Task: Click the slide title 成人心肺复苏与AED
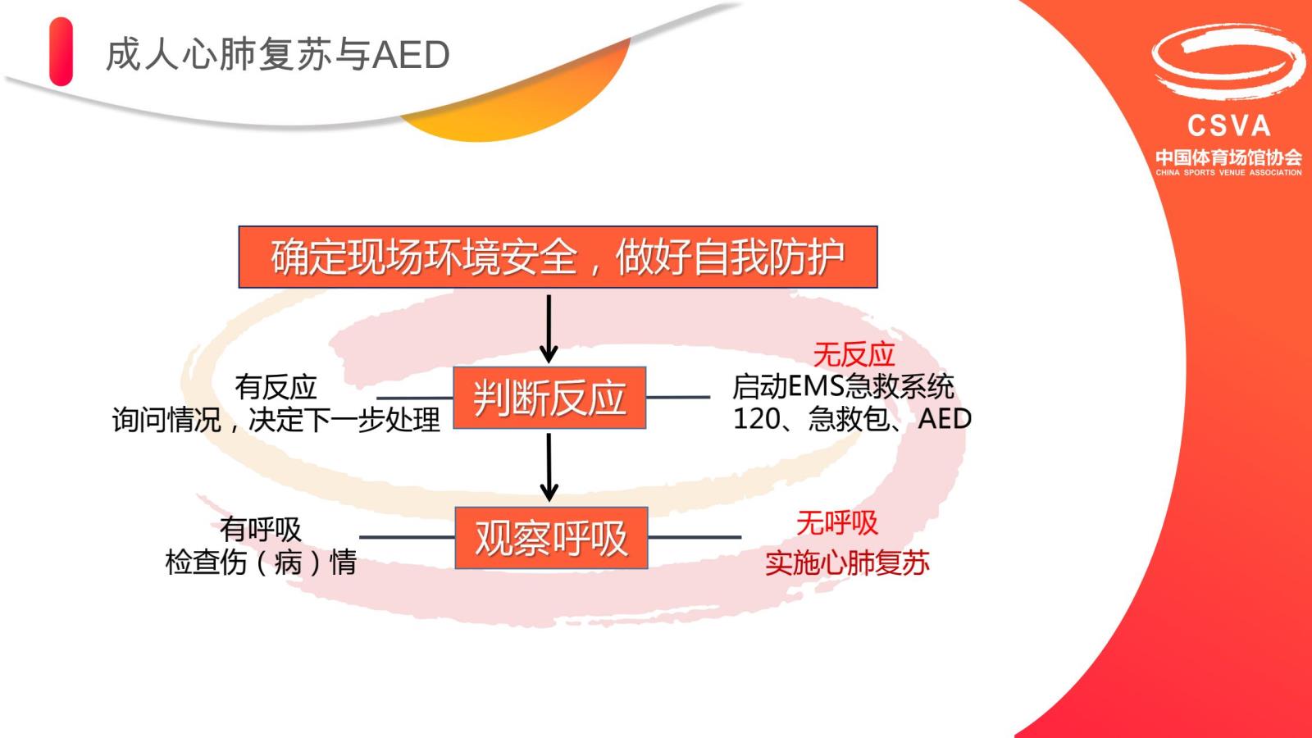(x=278, y=55)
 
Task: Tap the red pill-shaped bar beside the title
(x=61, y=52)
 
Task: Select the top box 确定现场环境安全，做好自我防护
(x=558, y=257)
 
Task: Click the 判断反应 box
(x=549, y=398)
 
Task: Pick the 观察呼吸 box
(x=551, y=538)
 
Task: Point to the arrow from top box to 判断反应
(x=549, y=329)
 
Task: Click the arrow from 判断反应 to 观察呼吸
(x=549, y=467)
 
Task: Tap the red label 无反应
(x=854, y=354)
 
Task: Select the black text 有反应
(x=276, y=387)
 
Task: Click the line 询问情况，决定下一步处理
(x=276, y=420)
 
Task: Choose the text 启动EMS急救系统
(x=844, y=386)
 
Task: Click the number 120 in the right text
(x=756, y=419)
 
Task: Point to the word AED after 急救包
(x=945, y=419)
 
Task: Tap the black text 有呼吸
(x=261, y=530)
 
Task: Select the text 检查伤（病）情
(x=261, y=563)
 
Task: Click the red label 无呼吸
(x=837, y=522)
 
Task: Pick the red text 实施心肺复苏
(x=847, y=563)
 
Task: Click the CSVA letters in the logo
(x=1229, y=125)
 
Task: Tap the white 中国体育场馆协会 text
(x=1229, y=157)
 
